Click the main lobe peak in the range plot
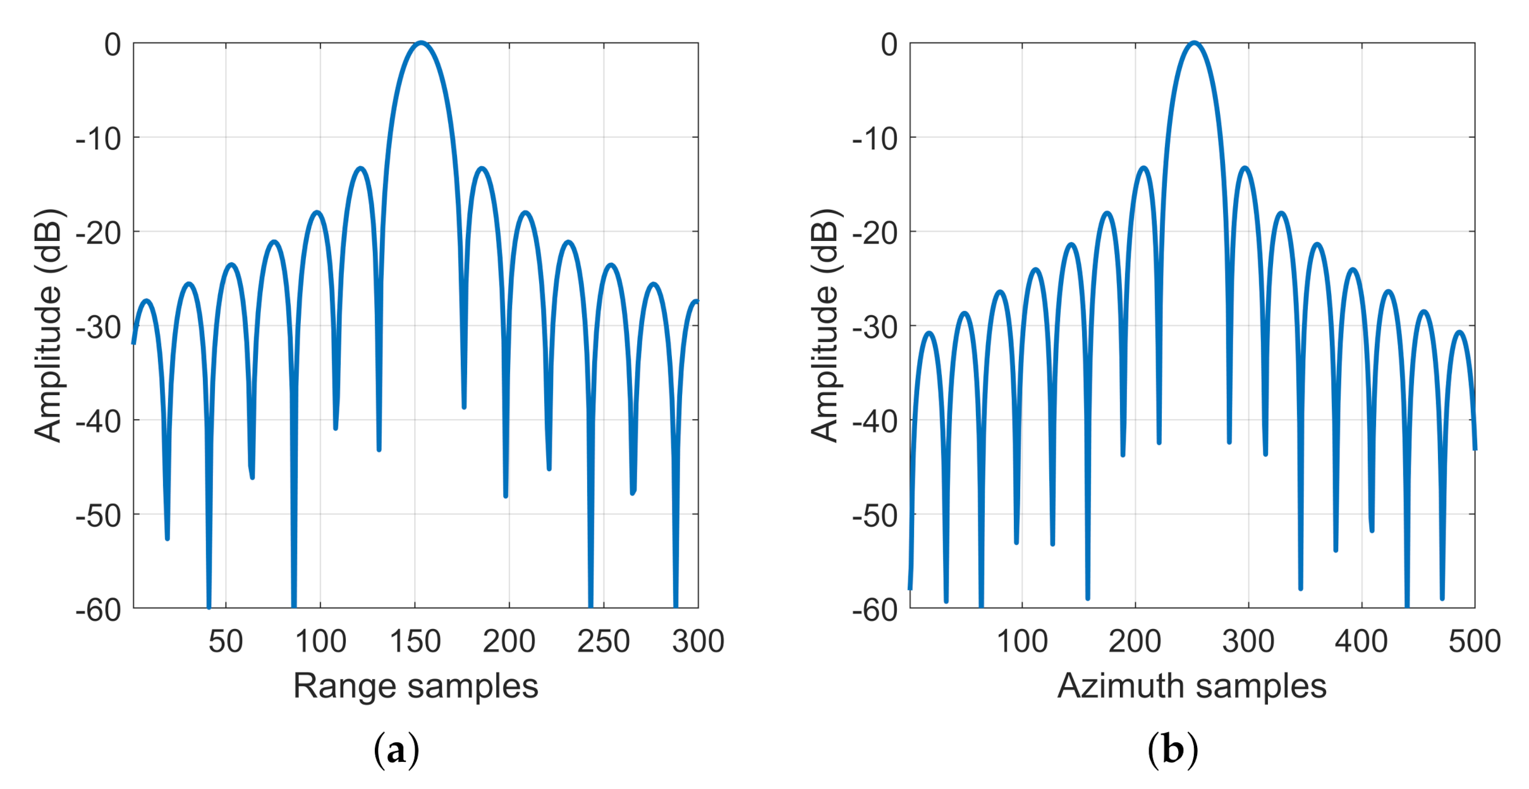(x=421, y=43)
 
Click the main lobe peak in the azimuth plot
(x=1193, y=43)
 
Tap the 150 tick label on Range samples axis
(x=415, y=641)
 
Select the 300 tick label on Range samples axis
(x=698, y=641)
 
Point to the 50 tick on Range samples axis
(x=226, y=641)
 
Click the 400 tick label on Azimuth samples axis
(x=1361, y=641)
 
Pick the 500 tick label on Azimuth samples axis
(x=1474, y=641)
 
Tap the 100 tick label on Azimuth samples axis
(x=1022, y=641)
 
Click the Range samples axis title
(x=415, y=686)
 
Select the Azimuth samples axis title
(x=1191, y=686)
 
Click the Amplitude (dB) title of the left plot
(x=48, y=325)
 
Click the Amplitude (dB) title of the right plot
(x=824, y=325)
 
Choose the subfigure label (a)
(x=396, y=750)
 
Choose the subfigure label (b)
(x=1173, y=750)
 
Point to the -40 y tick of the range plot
(x=98, y=420)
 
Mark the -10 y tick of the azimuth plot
(x=874, y=138)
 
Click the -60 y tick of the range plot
(x=98, y=609)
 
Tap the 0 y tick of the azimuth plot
(x=889, y=44)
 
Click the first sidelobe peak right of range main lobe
(x=482, y=168)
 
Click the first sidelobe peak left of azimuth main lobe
(x=1144, y=168)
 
